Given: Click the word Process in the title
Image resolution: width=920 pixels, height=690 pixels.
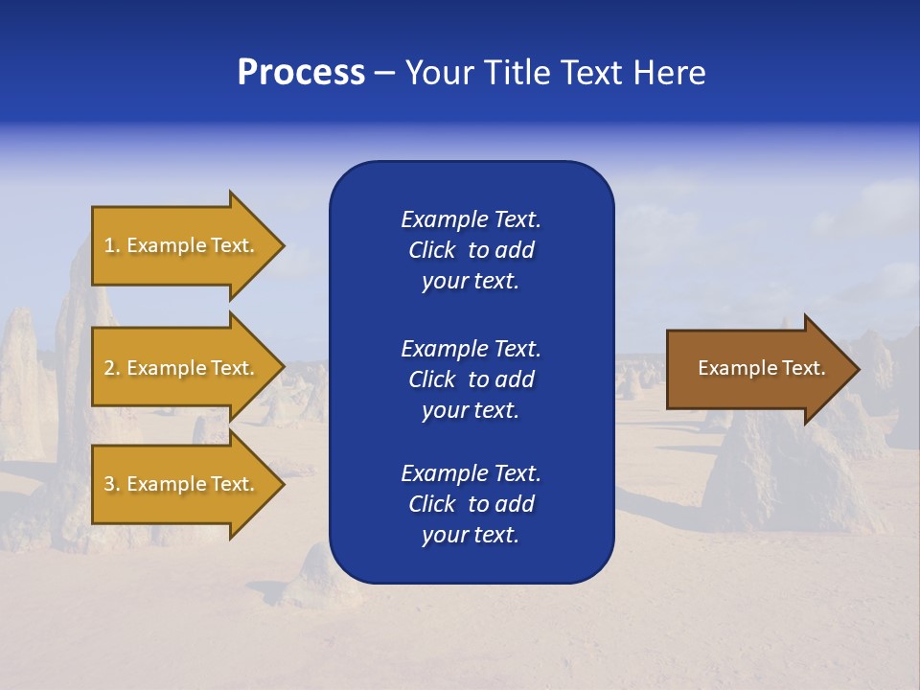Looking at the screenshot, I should [x=301, y=73].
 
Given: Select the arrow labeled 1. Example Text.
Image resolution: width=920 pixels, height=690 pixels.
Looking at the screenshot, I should [x=182, y=245].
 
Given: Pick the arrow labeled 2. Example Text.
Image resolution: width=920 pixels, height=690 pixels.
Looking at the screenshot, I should [x=182, y=368].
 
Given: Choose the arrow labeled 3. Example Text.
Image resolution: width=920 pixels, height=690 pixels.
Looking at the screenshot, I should [x=182, y=484].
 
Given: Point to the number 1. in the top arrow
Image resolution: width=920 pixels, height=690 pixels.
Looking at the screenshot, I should [x=111, y=245].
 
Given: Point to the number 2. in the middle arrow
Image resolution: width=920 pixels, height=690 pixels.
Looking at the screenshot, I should [x=111, y=368].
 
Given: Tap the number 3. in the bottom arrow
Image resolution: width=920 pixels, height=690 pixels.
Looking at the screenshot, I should [x=111, y=484].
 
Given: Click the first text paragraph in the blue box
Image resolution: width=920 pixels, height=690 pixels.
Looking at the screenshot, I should [x=471, y=250].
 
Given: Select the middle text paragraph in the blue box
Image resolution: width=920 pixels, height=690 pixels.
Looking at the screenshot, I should [x=471, y=379].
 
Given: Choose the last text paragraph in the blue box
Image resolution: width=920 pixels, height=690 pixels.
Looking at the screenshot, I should [x=471, y=504].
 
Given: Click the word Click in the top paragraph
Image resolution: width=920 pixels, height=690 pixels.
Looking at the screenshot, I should [x=431, y=250].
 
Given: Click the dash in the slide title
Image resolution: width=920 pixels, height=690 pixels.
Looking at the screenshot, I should [x=384, y=73].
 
